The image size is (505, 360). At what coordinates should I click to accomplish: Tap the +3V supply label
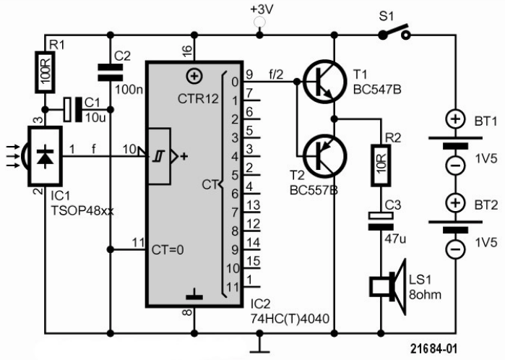pyautogui.click(x=262, y=11)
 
